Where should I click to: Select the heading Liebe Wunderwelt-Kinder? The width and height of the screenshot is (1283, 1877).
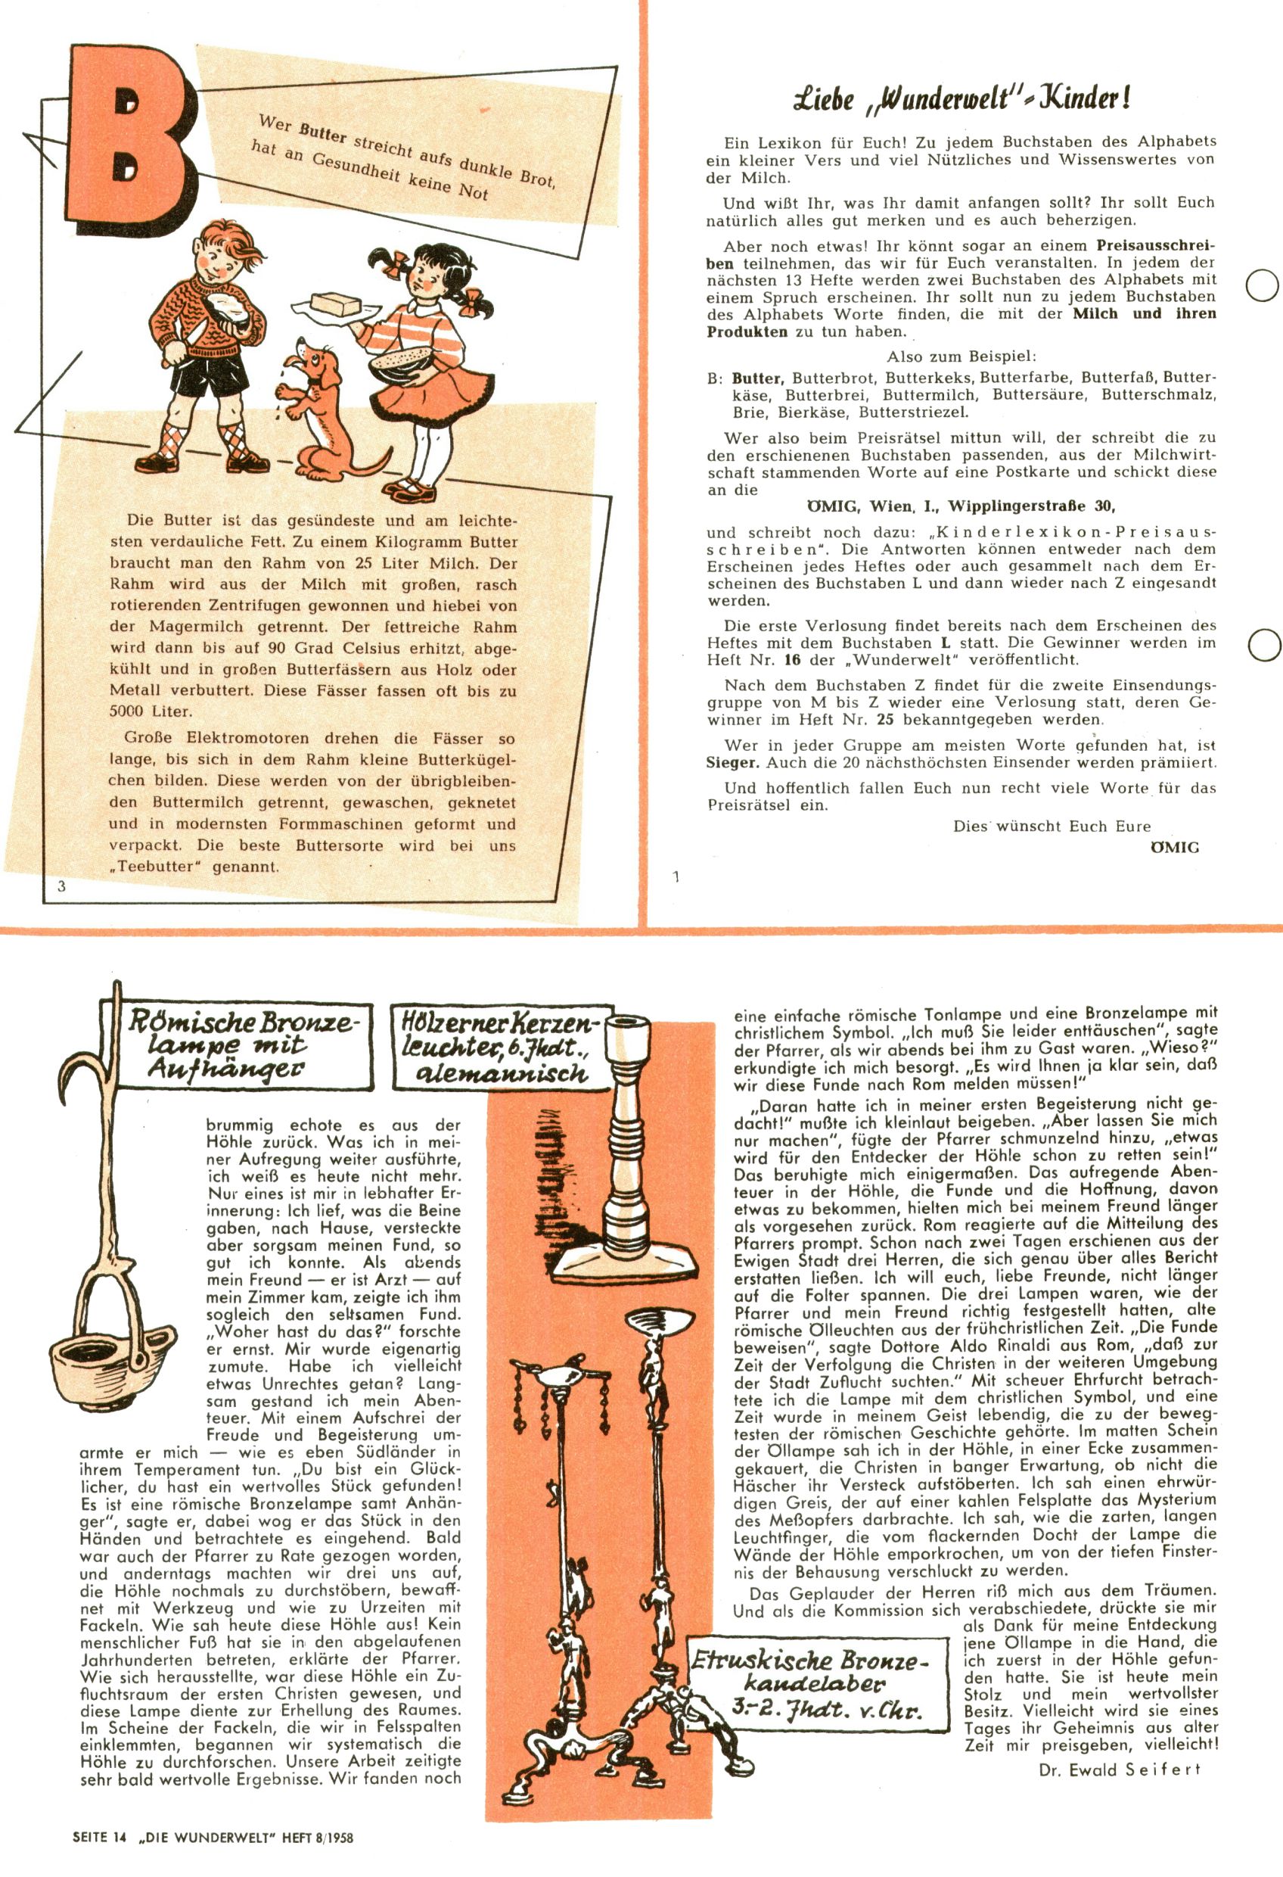(961, 99)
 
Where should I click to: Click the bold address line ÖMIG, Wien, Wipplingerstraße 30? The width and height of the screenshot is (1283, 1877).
(961, 506)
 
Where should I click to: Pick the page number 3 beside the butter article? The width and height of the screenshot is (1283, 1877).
(61, 886)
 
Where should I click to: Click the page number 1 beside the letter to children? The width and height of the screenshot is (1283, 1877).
(676, 876)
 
